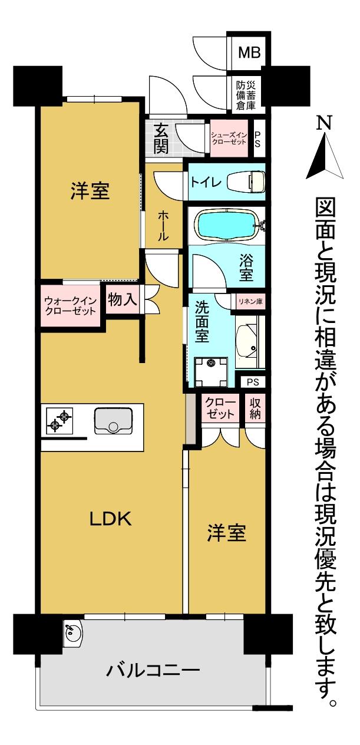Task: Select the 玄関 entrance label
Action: coord(161,139)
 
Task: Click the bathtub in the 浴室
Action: coord(227,224)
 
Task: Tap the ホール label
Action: coord(163,226)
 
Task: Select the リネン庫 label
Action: coord(250,301)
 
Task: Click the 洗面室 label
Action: coord(202,324)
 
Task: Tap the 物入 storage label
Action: coord(123,300)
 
